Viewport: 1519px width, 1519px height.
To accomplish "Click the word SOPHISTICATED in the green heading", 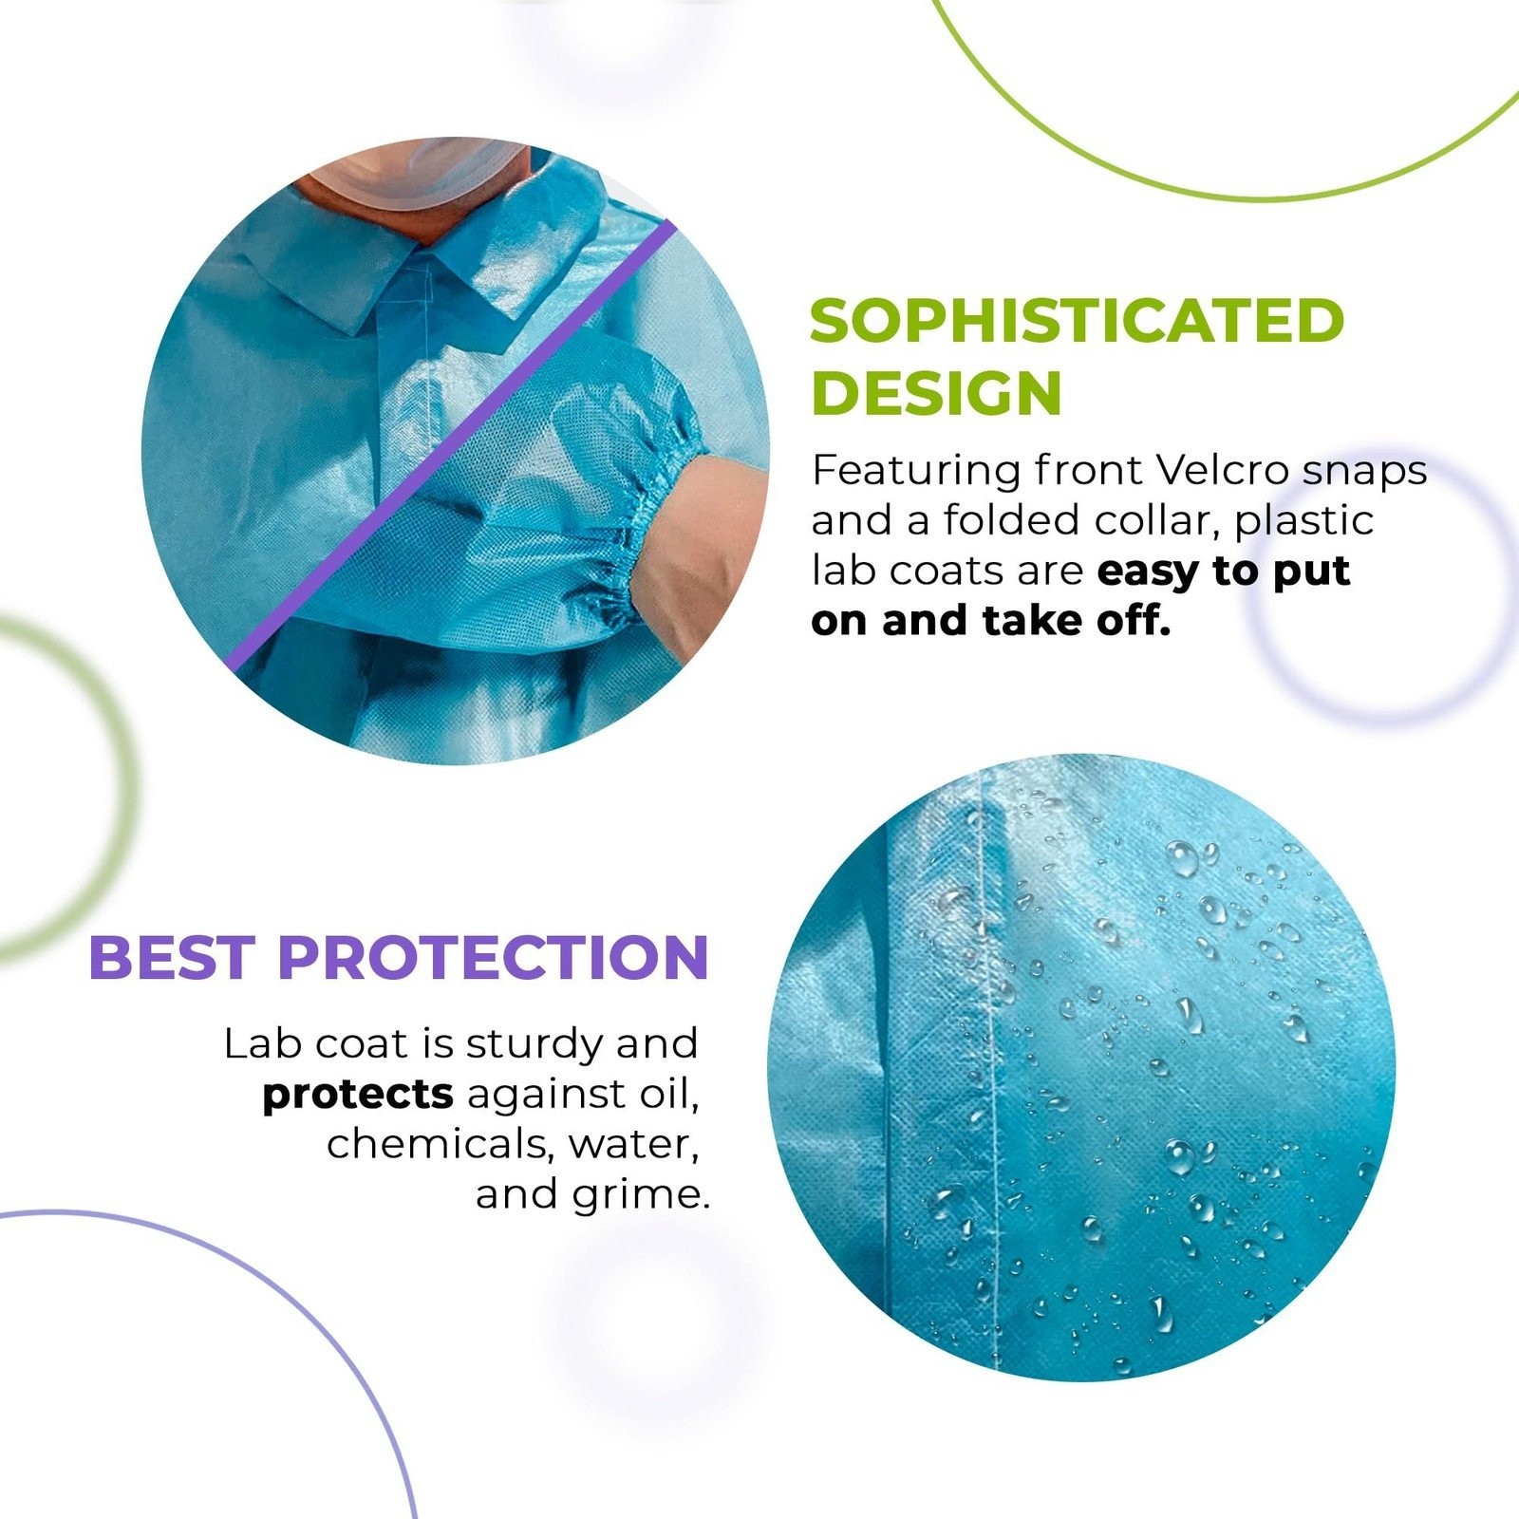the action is click(x=1078, y=321).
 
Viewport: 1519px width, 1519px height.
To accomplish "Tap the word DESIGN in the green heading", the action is click(x=936, y=392).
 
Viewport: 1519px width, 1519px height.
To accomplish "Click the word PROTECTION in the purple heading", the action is click(x=494, y=957).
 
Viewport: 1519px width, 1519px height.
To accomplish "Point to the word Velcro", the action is click(x=1222, y=470).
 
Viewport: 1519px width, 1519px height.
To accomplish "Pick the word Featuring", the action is click(x=914, y=472).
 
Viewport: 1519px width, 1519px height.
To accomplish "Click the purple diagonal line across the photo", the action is click(x=451, y=444).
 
